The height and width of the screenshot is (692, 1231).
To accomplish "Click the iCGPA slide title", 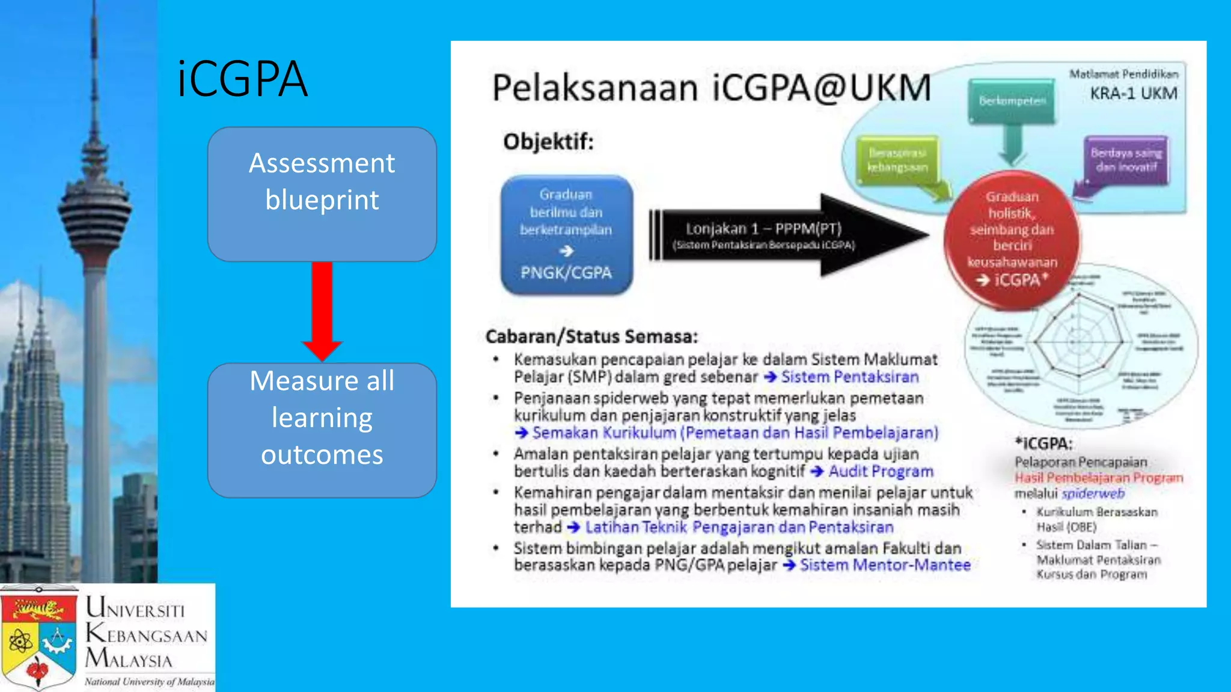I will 242,79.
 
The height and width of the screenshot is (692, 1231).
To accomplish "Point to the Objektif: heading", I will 548,142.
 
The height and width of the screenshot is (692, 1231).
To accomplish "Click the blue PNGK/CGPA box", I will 566,235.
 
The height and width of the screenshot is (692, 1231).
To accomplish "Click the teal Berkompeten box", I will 1012,101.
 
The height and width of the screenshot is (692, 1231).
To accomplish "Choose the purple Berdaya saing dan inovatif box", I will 1126,160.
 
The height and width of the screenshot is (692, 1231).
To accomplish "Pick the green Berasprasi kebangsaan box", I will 897,160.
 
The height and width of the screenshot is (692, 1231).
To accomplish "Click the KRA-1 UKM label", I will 1134,94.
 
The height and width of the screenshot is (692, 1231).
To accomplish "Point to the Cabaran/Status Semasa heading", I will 591,336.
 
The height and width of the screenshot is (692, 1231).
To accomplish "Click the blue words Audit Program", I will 881,472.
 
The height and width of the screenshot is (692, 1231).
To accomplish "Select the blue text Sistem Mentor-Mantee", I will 885,565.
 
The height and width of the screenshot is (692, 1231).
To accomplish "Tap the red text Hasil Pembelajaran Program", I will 1099,478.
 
